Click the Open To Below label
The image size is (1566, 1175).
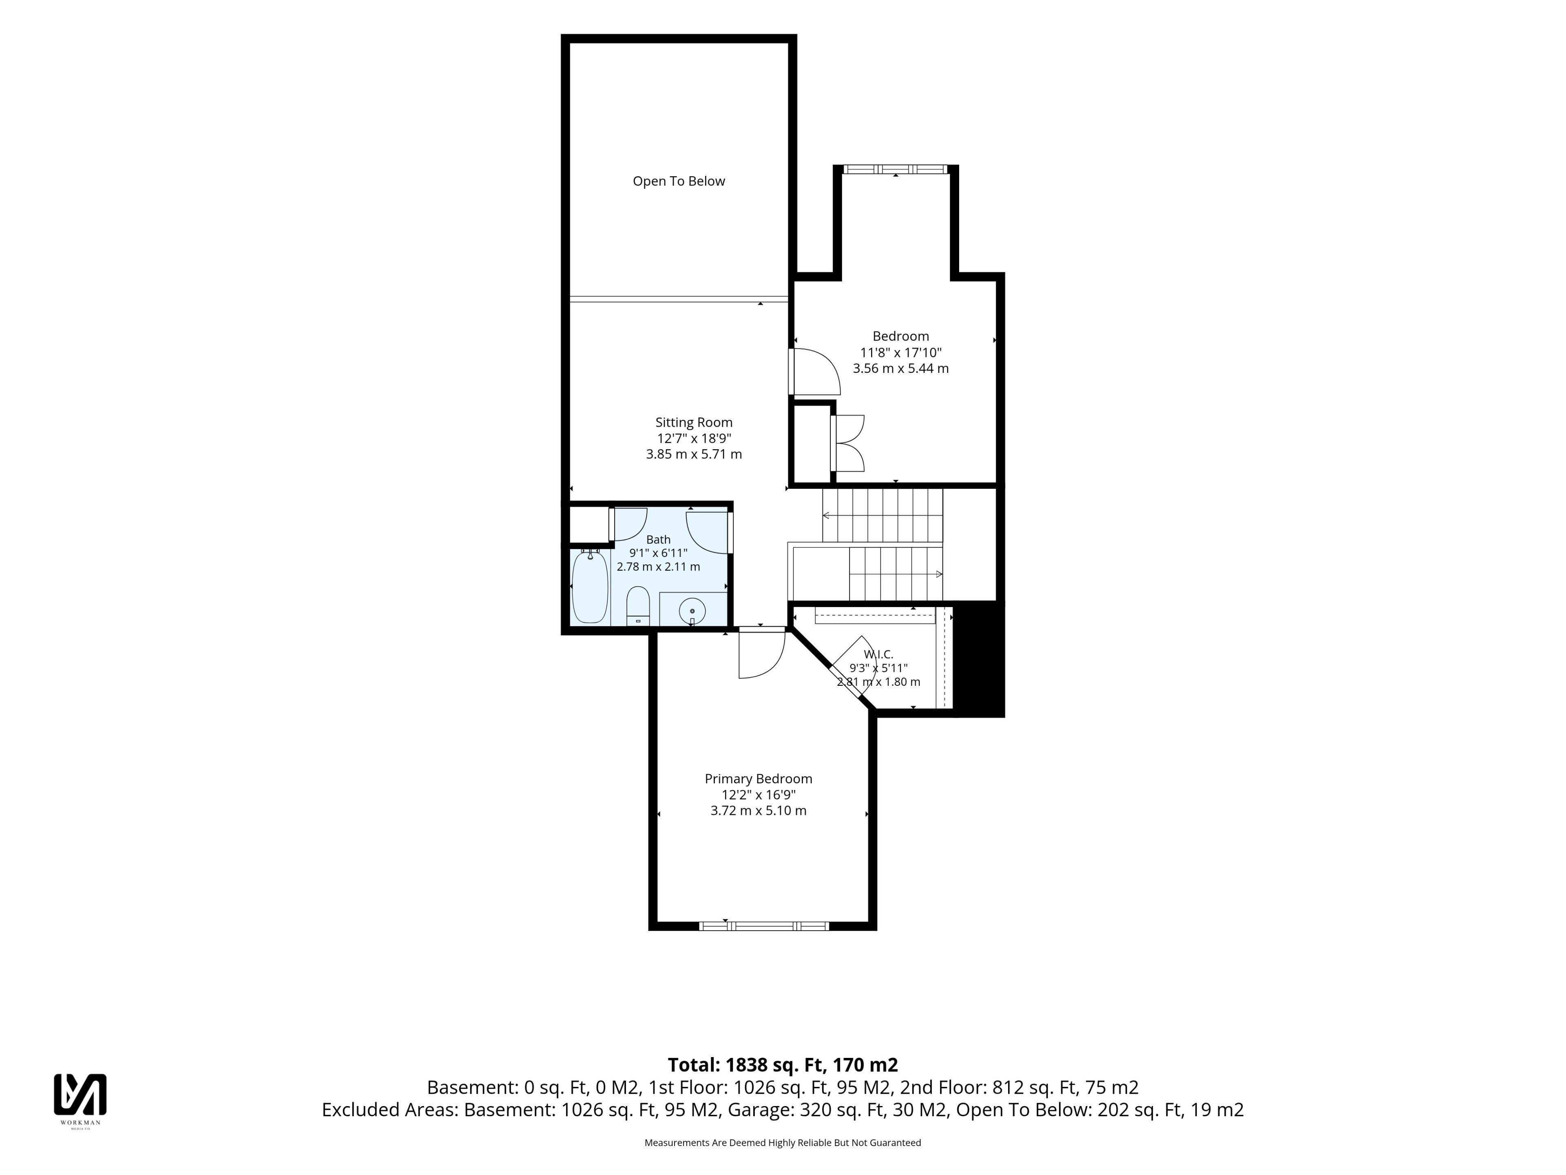click(678, 181)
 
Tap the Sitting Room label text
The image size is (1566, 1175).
click(694, 423)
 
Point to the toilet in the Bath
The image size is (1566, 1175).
click(638, 605)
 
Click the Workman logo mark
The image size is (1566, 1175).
click(80, 1094)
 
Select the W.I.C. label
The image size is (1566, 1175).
click(878, 654)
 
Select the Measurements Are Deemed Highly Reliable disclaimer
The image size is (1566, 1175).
click(782, 1142)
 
